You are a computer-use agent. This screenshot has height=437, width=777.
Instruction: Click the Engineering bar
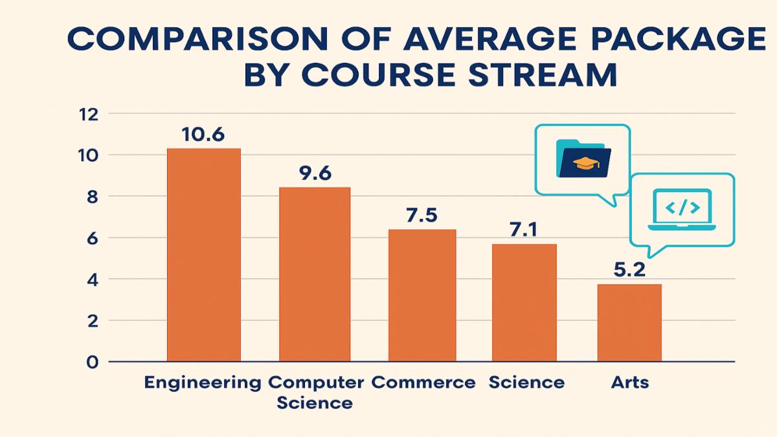point(203,254)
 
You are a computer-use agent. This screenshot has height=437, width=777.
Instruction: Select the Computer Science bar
point(314,274)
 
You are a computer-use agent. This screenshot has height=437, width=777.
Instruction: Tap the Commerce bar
point(422,295)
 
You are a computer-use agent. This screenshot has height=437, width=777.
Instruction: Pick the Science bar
point(524,302)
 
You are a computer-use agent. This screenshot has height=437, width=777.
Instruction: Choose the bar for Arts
point(629,322)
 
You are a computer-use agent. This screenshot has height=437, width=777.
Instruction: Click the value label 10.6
point(203,135)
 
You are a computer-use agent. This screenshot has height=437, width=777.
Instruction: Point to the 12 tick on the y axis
point(87,115)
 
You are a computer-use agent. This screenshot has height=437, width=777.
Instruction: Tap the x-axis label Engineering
point(202,383)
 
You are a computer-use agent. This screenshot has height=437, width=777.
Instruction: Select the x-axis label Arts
point(629,383)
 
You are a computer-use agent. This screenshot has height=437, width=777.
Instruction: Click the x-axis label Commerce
point(423,383)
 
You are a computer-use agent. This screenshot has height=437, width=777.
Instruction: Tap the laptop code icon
point(681,209)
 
